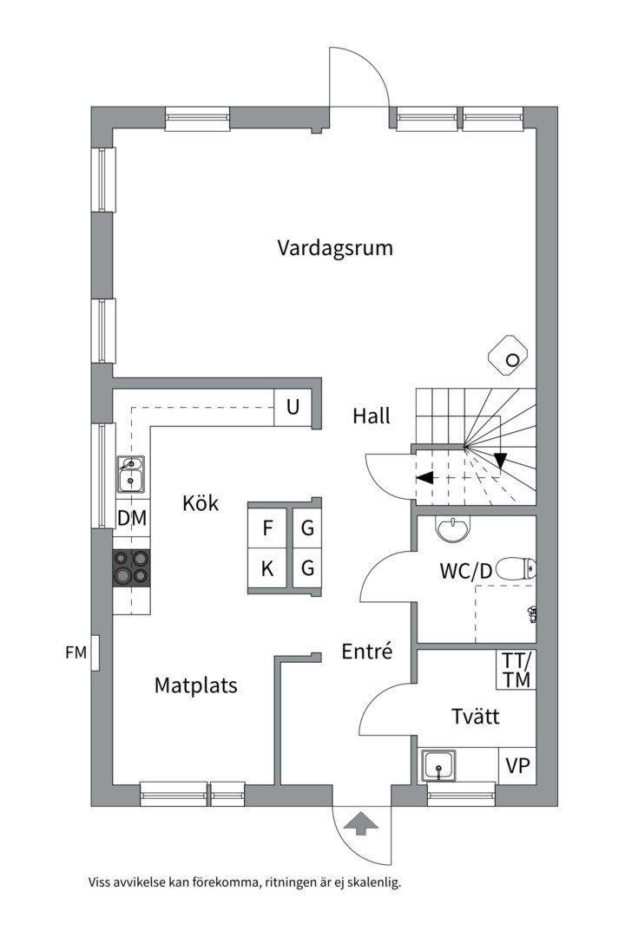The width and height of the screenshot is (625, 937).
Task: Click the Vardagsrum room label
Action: pos(335,248)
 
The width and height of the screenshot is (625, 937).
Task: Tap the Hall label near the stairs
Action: pos(372,416)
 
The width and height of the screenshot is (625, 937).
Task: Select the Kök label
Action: pos(201,503)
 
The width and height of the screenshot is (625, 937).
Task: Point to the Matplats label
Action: pos(196,685)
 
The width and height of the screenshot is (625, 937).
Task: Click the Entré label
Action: pos(367,652)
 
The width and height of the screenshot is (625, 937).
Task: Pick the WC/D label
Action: pos(465,571)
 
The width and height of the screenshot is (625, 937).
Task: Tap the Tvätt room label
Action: pos(475,717)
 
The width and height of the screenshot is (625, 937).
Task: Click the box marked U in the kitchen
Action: pos(293,408)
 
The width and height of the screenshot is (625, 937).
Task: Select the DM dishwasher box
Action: pos(131,520)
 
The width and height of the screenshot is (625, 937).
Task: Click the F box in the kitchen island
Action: pos(268,527)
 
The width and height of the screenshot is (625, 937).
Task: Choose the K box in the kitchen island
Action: pos(268,569)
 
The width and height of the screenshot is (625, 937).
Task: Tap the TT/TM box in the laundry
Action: pos(516,669)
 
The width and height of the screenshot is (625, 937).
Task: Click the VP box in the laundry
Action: pos(517,765)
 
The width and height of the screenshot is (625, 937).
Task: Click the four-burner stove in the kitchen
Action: pos(131,568)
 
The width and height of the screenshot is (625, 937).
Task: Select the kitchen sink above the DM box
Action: pos(131,474)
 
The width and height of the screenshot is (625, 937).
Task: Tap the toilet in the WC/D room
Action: pos(518,569)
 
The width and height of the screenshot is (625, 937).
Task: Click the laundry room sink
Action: pos(439,766)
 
